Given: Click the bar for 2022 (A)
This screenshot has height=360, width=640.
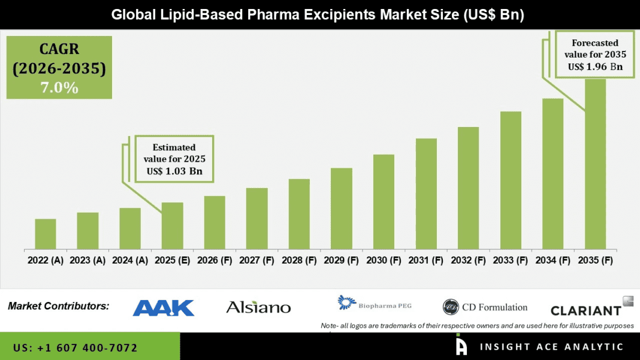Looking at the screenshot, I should click(46, 234).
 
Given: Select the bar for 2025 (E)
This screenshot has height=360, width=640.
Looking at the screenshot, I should click(172, 226).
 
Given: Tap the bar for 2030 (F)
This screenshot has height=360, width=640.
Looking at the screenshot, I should click(384, 202).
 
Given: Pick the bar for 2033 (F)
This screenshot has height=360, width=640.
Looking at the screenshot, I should click(511, 180).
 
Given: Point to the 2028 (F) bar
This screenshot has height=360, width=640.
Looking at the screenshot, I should click(299, 214).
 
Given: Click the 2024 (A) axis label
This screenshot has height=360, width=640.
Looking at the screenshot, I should click(130, 261).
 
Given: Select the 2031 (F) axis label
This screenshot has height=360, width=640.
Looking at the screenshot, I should click(426, 261).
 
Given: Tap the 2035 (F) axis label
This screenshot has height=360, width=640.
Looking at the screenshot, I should click(595, 261).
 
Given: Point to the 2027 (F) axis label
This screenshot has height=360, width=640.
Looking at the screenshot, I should click(256, 261).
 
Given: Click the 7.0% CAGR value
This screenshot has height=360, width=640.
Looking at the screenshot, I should click(59, 88).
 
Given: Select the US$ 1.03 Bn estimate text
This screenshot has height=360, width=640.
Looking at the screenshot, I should click(174, 171).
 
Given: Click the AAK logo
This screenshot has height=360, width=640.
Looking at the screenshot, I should click(164, 308).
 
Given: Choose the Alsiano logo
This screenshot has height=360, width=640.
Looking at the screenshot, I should click(258, 308).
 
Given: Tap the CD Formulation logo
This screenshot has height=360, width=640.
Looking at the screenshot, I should click(485, 307).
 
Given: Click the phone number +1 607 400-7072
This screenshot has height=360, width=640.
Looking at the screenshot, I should click(75, 348).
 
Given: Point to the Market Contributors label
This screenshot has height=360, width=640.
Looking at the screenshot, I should click(59, 306).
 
